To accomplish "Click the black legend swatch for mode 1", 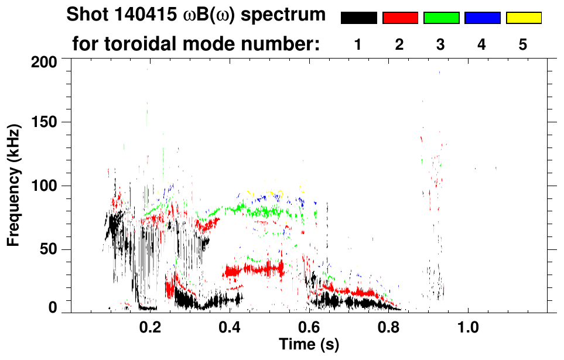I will [x=359, y=18].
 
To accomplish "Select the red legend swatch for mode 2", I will [x=400, y=18].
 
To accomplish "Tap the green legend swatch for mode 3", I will [x=441, y=18].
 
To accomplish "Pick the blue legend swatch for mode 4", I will [x=482, y=18].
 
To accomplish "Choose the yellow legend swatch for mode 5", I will [x=523, y=18].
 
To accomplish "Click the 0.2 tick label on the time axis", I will [x=151, y=326].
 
